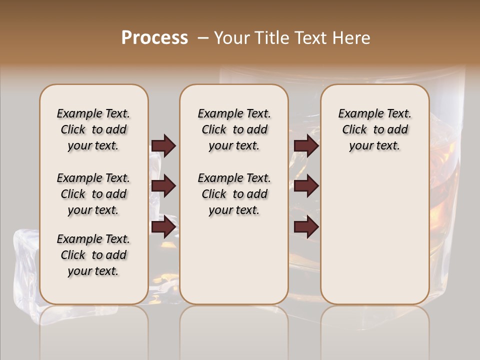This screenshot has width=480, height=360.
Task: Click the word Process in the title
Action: (154, 38)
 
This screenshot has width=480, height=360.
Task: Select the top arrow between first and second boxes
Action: (163, 145)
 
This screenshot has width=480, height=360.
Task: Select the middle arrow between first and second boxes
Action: (163, 186)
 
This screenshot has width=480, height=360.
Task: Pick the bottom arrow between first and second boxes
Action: (163, 227)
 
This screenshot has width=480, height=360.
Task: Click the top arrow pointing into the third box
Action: (306, 145)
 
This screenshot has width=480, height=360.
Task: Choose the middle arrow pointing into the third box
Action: (306, 186)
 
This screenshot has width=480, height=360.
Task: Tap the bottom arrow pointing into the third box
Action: (306, 227)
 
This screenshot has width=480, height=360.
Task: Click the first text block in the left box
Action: (93, 129)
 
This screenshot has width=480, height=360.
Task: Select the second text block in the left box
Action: (93, 194)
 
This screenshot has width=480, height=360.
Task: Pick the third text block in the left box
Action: (93, 255)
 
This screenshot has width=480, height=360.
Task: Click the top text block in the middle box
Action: (234, 129)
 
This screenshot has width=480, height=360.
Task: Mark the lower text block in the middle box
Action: (234, 194)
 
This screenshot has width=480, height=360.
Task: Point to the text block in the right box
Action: (374, 129)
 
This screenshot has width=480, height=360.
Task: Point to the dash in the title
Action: (202, 38)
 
